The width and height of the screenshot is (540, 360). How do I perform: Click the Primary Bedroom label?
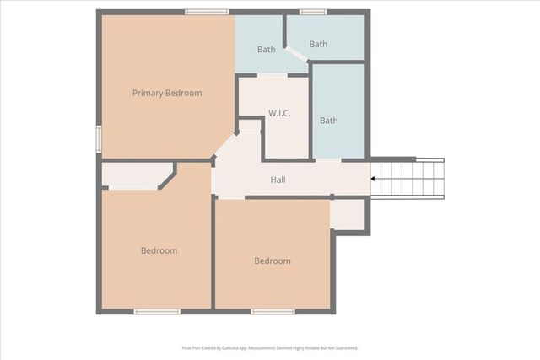point(167,93)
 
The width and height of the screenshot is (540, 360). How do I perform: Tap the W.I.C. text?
point(279,113)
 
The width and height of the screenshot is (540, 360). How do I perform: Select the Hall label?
point(278,180)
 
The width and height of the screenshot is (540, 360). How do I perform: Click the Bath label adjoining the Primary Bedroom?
point(266,50)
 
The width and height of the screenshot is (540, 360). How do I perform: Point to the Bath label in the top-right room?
point(318,44)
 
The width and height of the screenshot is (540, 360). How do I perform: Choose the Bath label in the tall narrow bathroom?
point(328,121)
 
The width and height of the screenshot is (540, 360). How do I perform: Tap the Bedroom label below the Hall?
point(273,261)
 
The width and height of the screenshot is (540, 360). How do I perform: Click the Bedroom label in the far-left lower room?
point(159,250)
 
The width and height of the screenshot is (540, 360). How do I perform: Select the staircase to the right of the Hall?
point(408,178)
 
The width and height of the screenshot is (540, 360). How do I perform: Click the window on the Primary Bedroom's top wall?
point(207,12)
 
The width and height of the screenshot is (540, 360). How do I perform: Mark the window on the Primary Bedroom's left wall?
point(99,138)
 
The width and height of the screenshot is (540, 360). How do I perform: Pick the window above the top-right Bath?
point(313,12)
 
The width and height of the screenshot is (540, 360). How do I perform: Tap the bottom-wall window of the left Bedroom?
point(157,312)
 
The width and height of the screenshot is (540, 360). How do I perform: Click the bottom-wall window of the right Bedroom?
point(273,312)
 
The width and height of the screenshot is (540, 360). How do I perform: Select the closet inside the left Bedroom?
point(135,175)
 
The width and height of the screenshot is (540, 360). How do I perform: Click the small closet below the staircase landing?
point(348,214)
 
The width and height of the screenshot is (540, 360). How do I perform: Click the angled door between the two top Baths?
point(296,55)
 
